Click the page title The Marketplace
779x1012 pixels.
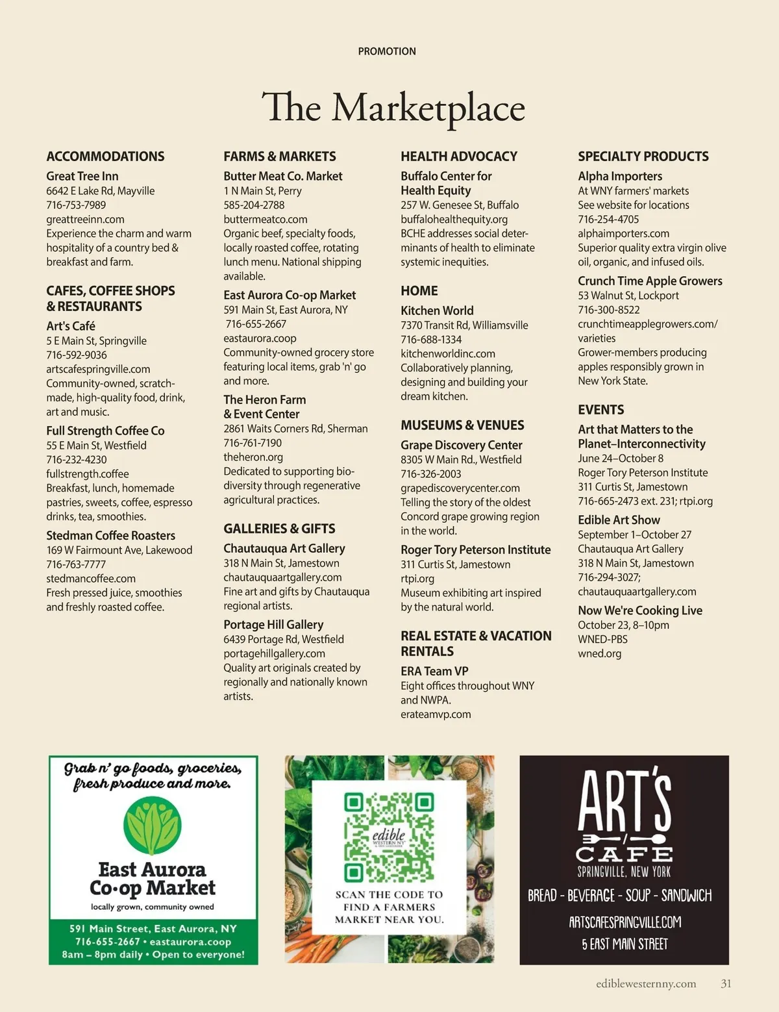click(x=393, y=108)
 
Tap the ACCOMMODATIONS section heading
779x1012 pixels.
click(x=105, y=157)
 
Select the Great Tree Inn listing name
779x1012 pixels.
click(x=82, y=176)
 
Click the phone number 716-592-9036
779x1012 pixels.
click(x=77, y=355)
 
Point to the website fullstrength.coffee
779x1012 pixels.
click(x=87, y=474)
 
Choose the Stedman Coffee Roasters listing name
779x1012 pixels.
click(x=110, y=535)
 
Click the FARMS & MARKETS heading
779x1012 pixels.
click(x=280, y=157)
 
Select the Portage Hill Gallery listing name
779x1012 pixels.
click(x=273, y=624)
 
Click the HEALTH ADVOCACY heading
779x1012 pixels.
click(x=459, y=157)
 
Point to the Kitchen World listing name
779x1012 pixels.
click(x=437, y=310)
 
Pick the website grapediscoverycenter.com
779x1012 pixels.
click(x=460, y=488)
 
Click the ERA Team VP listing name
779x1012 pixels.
click(x=434, y=671)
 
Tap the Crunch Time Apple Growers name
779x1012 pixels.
click(x=650, y=281)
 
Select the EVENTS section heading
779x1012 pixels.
click(x=601, y=410)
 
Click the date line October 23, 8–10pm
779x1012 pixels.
click(x=623, y=625)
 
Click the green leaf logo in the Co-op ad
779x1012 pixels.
click(x=153, y=826)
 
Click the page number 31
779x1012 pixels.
click(x=726, y=983)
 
